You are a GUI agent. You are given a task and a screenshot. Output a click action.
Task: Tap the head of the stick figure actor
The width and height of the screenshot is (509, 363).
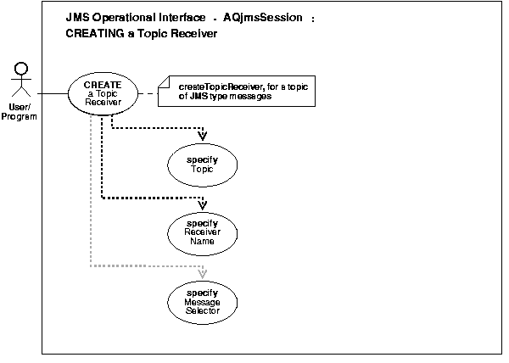point(23,70)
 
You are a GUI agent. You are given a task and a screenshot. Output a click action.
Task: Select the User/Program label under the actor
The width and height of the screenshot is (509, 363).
point(23,111)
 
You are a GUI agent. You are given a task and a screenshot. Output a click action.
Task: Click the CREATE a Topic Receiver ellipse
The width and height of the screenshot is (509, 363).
point(103,93)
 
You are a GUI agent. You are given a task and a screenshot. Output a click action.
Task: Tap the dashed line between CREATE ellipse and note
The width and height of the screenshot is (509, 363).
point(149,92)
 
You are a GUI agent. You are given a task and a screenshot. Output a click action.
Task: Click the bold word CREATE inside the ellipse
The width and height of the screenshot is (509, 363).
point(103,84)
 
